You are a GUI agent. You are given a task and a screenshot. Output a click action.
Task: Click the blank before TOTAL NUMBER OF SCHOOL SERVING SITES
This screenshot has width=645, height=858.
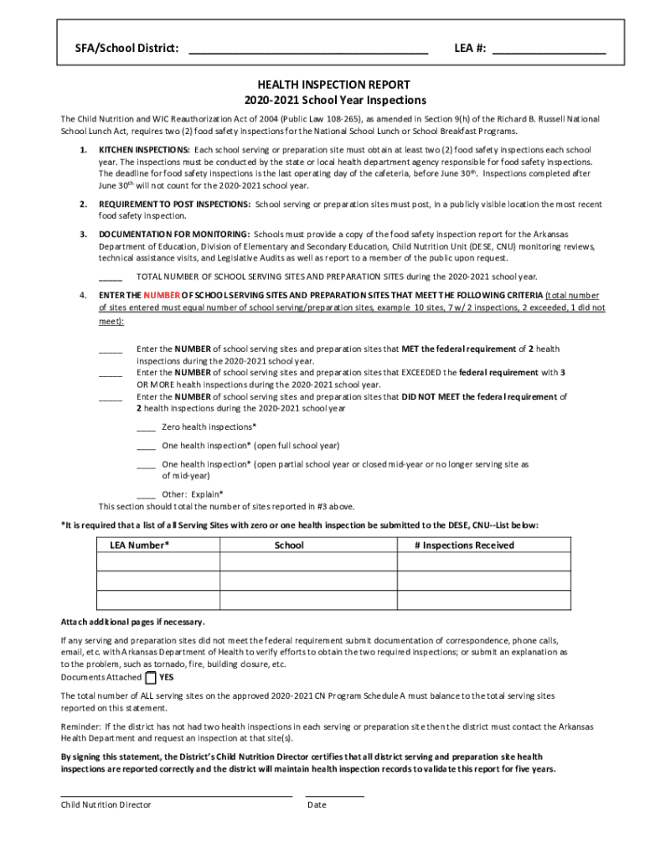(x=111, y=277)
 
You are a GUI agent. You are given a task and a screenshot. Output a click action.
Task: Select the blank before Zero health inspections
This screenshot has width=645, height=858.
(x=146, y=427)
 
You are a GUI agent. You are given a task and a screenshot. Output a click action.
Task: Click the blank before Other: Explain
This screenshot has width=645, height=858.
(x=146, y=494)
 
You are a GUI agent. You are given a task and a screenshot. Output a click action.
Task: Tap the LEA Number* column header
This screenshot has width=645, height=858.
(x=139, y=545)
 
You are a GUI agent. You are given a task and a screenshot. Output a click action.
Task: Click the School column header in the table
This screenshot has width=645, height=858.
(x=289, y=545)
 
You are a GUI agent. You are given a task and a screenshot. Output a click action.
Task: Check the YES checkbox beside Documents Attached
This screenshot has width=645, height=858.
(x=150, y=678)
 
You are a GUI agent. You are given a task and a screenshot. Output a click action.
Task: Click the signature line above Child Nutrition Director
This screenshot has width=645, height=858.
(x=176, y=794)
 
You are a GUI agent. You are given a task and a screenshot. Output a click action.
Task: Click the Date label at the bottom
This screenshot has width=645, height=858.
(x=317, y=805)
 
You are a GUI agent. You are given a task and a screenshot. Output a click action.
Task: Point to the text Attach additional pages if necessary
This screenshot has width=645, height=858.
(x=132, y=623)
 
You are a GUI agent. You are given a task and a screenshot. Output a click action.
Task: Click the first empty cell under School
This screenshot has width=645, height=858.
(x=307, y=562)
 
